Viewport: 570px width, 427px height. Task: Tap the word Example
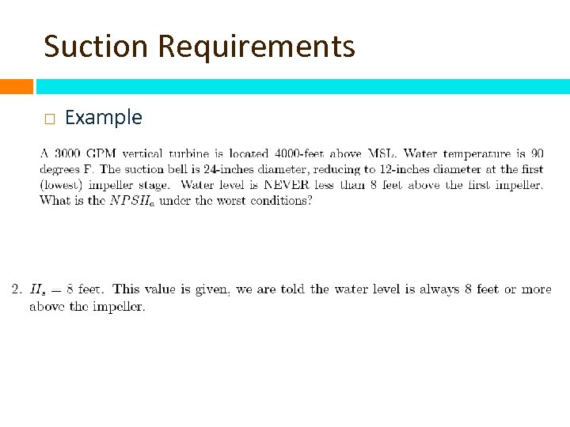tap(104, 118)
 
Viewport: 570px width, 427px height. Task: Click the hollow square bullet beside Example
tap(49, 119)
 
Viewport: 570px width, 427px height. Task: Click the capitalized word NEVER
tap(287, 185)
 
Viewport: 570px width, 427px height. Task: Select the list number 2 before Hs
tap(16, 289)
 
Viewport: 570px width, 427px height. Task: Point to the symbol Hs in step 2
tap(36, 290)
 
